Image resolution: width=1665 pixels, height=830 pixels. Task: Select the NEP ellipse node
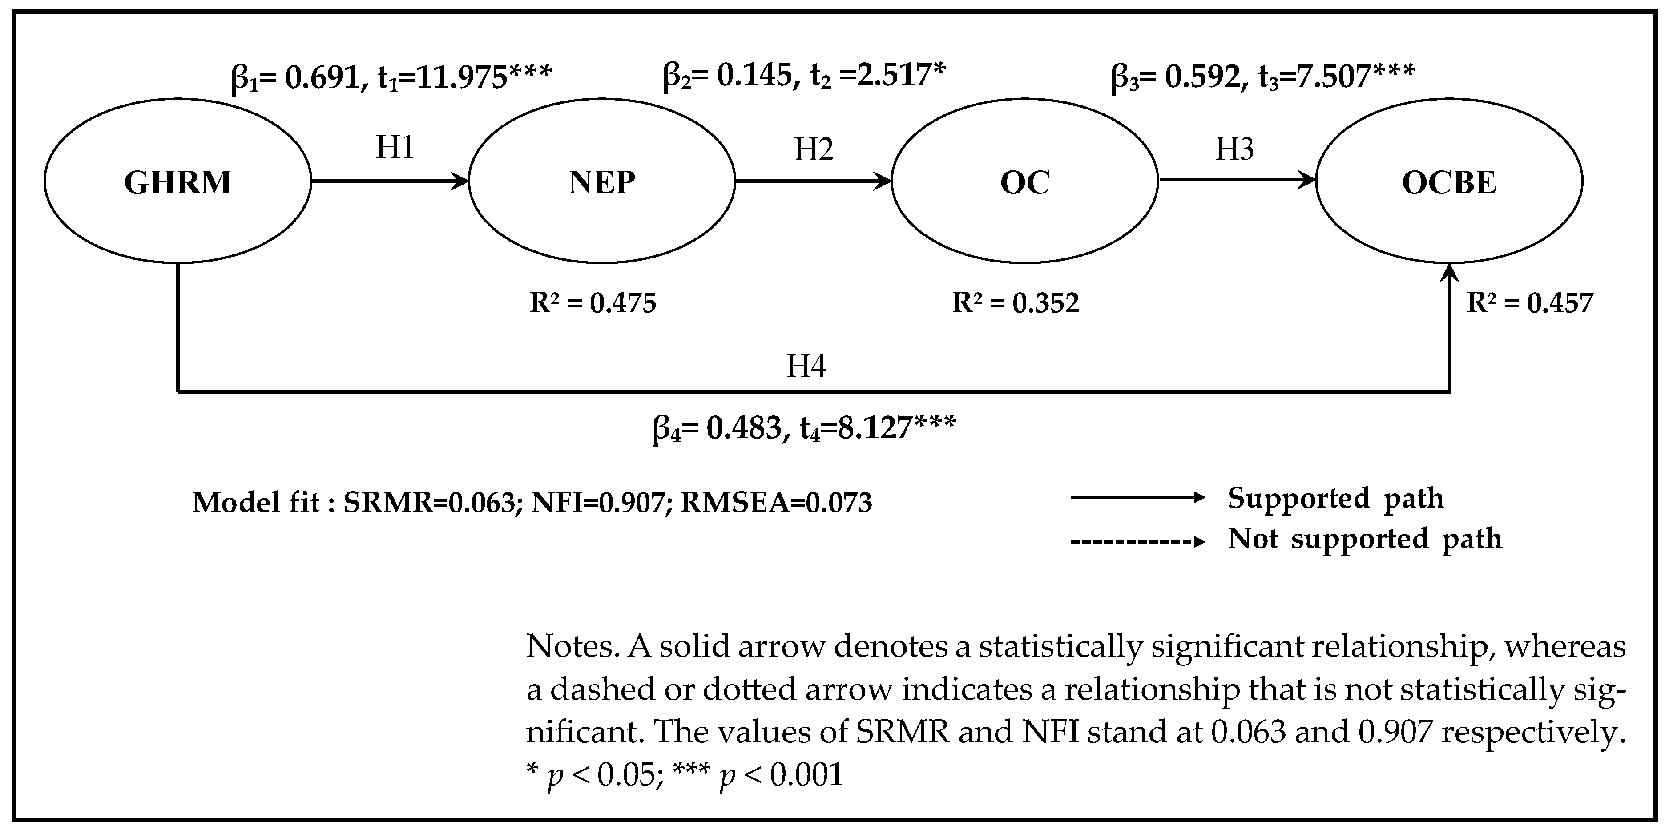pyautogui.click(x=602, y=181)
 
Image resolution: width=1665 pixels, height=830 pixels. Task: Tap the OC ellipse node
pyautogui.click(x=1024, y=181)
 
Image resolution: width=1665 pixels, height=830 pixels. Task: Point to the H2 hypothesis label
pyautogui.click(x=814, y=149)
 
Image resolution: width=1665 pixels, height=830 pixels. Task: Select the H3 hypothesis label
pyautogui.click(x=1234, y=149)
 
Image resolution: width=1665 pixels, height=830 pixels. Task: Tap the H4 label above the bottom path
pyautogui.click(x=806, y=366)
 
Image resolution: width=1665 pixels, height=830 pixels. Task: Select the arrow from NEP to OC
pyautogui.click(x=813, y=181)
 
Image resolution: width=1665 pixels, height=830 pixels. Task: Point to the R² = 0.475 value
pyautogui.click(x=593, y=302)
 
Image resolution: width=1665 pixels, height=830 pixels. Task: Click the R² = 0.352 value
pyautogui.click(x=1016, y=302)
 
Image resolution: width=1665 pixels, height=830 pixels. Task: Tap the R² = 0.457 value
pyautogui.click(x=1530, y=302)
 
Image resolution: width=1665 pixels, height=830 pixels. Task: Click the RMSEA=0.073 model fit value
pyautogui.click(x=776, y=502)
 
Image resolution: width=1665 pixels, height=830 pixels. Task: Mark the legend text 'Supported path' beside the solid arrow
pyautogui.click(x=1335, y=498)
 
